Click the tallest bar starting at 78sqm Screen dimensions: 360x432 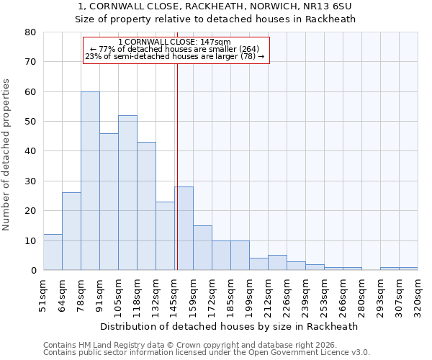(90, 181)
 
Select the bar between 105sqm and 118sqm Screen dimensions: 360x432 (127, 193)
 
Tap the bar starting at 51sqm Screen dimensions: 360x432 (53, 252)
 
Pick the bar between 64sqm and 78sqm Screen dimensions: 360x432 (71, 231)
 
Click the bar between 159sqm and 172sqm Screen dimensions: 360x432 (202, 248)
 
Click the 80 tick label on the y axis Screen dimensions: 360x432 (30, 32)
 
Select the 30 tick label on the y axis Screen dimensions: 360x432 (30, 181)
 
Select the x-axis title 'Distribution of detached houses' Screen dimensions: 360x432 (230, 326)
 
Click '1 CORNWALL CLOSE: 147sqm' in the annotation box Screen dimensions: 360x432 (175, 42)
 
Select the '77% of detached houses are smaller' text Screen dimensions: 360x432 (175, 49)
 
